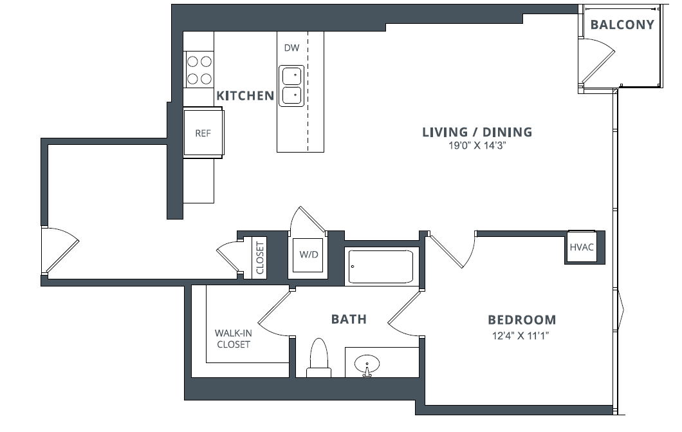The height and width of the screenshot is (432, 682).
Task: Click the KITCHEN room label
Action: point(245,96)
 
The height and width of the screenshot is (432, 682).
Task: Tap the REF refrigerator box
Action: point(203,133)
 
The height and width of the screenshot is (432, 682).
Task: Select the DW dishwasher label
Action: point(291,48)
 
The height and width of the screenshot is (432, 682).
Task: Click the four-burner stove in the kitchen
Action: point(199,70)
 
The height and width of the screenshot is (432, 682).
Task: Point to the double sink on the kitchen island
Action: point(291,85)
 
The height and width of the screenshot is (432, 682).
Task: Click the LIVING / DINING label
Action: point(477,132)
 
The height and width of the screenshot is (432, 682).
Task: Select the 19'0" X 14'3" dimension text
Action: point(477,146)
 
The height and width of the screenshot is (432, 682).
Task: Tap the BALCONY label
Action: point(622,25)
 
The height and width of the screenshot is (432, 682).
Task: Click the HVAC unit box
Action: point(581,247)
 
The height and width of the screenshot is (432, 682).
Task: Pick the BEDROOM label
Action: point(522,319)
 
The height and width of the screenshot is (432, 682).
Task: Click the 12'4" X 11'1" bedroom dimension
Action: point(522,335)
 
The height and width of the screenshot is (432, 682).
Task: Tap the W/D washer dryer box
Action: point(309,254)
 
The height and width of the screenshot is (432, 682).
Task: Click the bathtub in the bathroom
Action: point(380,267)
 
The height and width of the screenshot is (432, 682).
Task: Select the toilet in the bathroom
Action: point(319,358)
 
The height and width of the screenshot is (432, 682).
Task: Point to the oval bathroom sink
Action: point(367,364)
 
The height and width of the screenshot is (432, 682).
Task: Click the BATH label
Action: point(349,319)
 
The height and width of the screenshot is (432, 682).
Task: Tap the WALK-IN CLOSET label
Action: point(232,339)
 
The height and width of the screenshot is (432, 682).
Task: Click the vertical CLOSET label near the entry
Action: point(261,258)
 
